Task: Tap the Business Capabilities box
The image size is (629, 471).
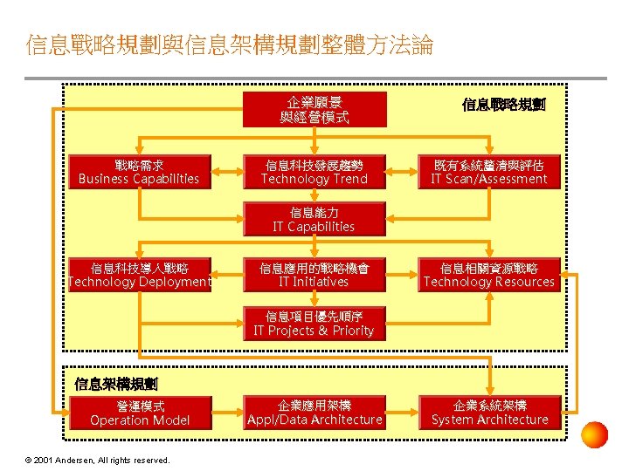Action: click(140, 172)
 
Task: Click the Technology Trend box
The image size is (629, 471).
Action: click(314, 172)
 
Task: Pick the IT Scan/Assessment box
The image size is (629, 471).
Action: click(488, 172)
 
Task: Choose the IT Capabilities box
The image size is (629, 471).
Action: click(314, 220)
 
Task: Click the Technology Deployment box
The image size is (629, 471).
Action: click(140, 275)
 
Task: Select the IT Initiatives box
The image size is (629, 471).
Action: click(314, 275)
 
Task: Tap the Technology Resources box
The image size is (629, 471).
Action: click(488, 275)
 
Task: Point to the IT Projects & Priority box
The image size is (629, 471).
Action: click(314, 324)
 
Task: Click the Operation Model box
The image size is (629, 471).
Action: click(140, 413)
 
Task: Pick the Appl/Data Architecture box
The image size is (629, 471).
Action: click(314, 413)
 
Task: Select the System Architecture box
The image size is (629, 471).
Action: click(489, 413)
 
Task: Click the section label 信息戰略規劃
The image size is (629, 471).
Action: click(504, 106)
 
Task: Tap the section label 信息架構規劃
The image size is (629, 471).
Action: click(116, 384)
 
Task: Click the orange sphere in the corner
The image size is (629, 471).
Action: click(594, 434)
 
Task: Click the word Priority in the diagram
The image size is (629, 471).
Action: click(353, 331)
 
